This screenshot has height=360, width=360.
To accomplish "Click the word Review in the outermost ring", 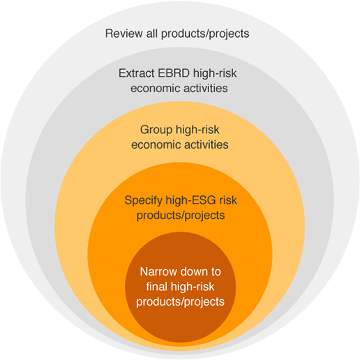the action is pos(124,33).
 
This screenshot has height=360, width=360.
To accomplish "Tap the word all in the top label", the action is pos(152,33).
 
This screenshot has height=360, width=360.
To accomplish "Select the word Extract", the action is pos(137,73).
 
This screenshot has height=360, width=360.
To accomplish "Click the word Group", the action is pos(156,130).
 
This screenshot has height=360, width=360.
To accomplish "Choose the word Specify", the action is pos(144,201).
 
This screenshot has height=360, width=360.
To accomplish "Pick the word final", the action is pos(157,287).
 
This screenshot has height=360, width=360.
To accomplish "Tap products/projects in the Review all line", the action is pos(205,34).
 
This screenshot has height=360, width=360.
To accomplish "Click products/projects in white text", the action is pos(181,302).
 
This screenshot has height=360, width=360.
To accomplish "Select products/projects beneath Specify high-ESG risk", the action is pos(181,216).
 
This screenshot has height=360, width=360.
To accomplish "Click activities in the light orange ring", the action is pos(207,144).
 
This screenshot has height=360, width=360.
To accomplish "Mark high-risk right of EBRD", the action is pos(215,74).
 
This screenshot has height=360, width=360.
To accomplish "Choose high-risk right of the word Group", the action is pos(197,130).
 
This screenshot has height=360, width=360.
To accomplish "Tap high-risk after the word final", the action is pos(193,287).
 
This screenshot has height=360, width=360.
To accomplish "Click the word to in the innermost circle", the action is pos(216,271).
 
